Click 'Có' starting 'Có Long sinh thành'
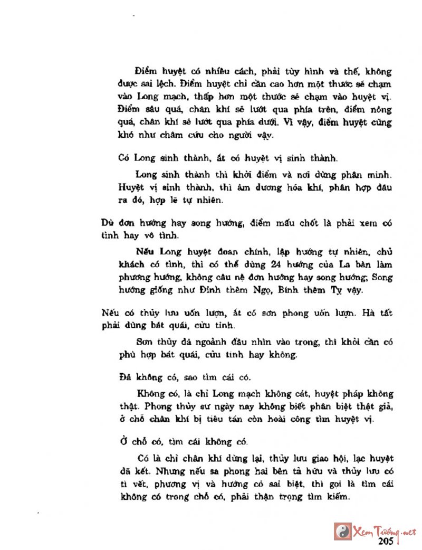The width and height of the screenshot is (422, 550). (124, 157)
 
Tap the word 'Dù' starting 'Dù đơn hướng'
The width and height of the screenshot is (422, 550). (107, 224)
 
